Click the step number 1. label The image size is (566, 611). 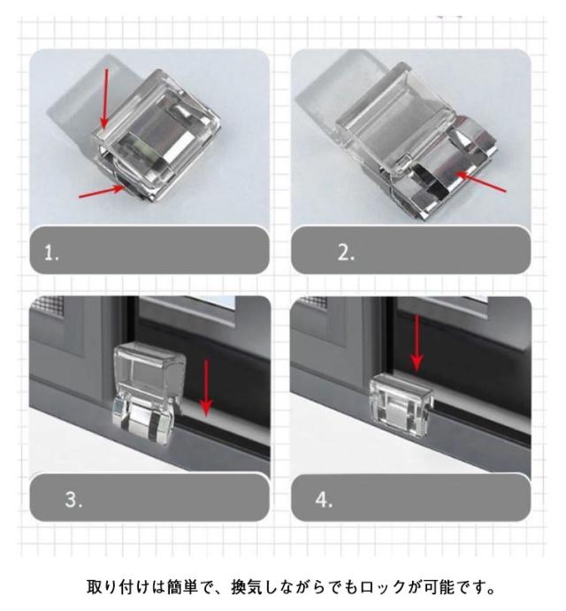pyautogui.click(x=51, y=253)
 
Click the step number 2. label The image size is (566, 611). pyautogui.click(x=346, y=252)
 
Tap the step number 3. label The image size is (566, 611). pyautogui.click(x=73, y=500)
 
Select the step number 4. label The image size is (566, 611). pyautogui.click(x=324, y=500)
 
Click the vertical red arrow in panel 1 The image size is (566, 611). pyautogui.click(x=105, y=98)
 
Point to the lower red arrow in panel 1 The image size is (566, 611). pyautogui.click(x=102, y=192)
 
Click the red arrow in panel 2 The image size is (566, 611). pyautogui.click(x=481, y=181)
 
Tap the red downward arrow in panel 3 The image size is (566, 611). pyautogui.click(x=206, y=387)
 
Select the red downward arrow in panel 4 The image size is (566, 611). pyautogui.click(x=417, y=343)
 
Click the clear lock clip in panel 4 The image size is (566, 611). pyautogui.click(x=401, y=406)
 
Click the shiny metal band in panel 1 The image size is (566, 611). pyautogui.click(x=156, y=146)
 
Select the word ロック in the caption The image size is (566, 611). pyautogui.click(x=384, y=586)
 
